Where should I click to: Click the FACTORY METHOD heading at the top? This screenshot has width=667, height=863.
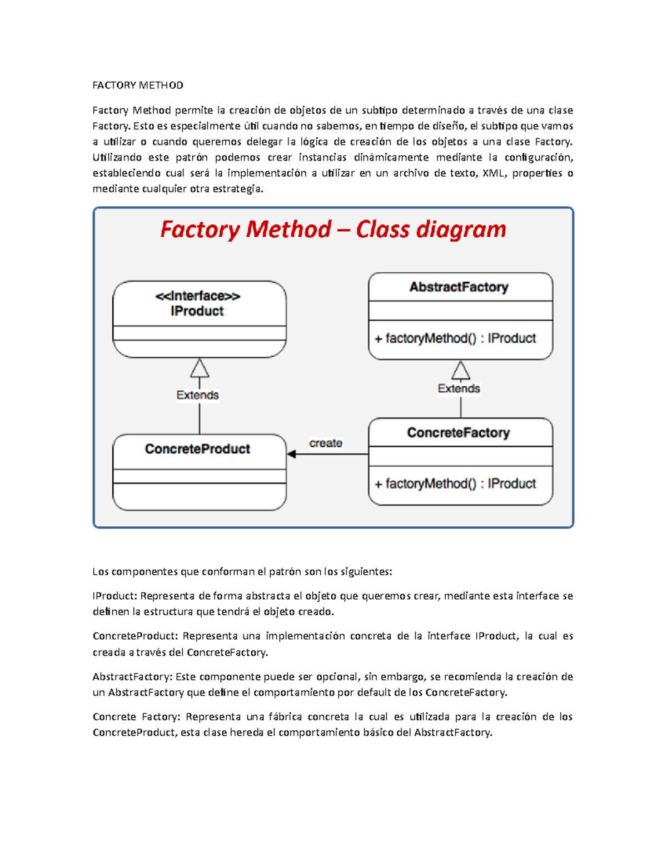[x=137, y=85]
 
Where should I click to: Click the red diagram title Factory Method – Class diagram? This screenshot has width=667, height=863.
[x=333, y=230]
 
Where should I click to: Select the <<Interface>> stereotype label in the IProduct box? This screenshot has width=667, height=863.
[x=197, y=296]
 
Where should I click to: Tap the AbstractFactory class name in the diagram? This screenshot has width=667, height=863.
[x=459, y=287]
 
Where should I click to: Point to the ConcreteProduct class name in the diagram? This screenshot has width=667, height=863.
[x=197, y=449]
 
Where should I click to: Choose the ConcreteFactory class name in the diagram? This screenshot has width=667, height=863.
[x=459, y=432]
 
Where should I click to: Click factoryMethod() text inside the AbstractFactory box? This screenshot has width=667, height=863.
[x=431, y=338]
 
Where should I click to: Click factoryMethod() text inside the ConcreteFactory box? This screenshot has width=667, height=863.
[x=431, y=483]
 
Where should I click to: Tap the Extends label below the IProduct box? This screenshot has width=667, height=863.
[x=197, y=395]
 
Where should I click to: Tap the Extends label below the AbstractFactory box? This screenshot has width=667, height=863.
[x=459, y=388]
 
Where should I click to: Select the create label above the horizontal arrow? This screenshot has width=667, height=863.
[x=326, y=443]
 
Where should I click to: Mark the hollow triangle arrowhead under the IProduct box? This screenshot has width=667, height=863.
[x=200, y=368]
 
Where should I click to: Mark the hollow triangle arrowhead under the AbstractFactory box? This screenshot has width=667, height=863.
[x=461, y=370]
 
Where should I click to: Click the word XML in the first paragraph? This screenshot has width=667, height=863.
[x=494, y=173]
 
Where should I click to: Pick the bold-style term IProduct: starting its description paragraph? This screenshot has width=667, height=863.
[x=115, y=596]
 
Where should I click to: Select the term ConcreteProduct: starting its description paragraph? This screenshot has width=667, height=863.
[x=135, y=636]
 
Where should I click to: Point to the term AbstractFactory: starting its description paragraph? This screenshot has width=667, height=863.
[x=132, y=676]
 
